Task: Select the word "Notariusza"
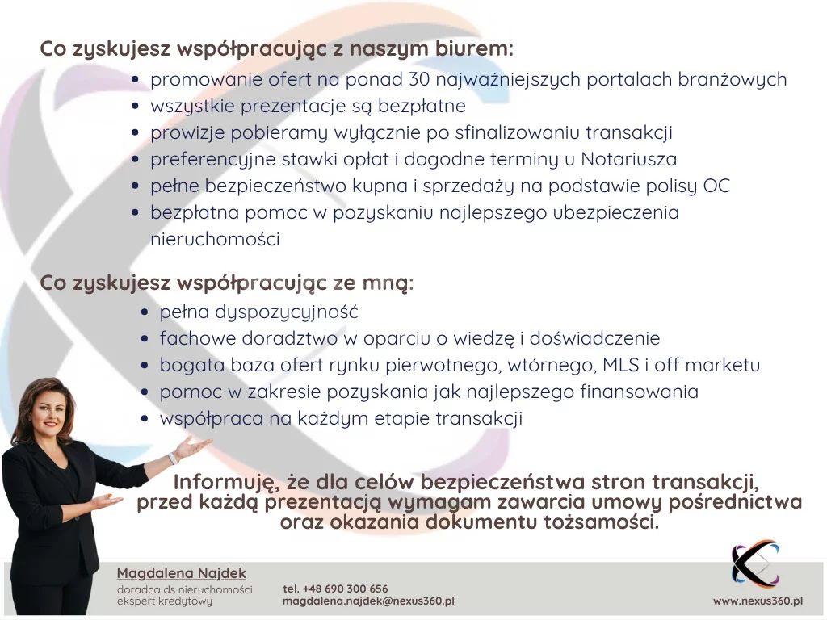coord(628,159)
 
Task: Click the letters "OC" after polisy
coord(716,186)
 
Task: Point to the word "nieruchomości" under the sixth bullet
coord(215,239)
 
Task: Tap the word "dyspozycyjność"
coord(287,312)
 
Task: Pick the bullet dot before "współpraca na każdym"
coord(145,419)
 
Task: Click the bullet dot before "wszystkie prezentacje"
coord(136,106)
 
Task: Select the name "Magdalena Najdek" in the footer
coord(182,574)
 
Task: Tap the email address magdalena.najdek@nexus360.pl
coord(368,601)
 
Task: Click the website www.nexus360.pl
coord(758,601)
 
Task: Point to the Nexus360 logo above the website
coord(755,563)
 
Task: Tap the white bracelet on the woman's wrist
coord(173,459)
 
